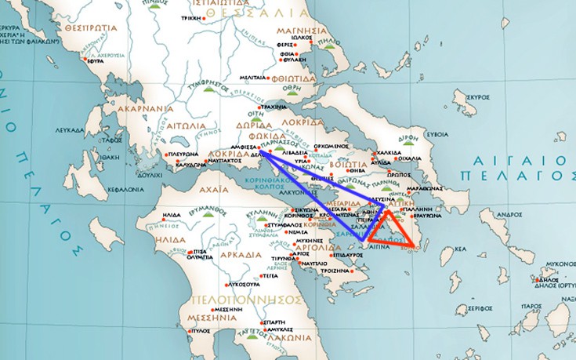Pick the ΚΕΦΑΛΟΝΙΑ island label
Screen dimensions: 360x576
tap(121, 189)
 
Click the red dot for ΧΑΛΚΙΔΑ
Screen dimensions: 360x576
tap(375, 153)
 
